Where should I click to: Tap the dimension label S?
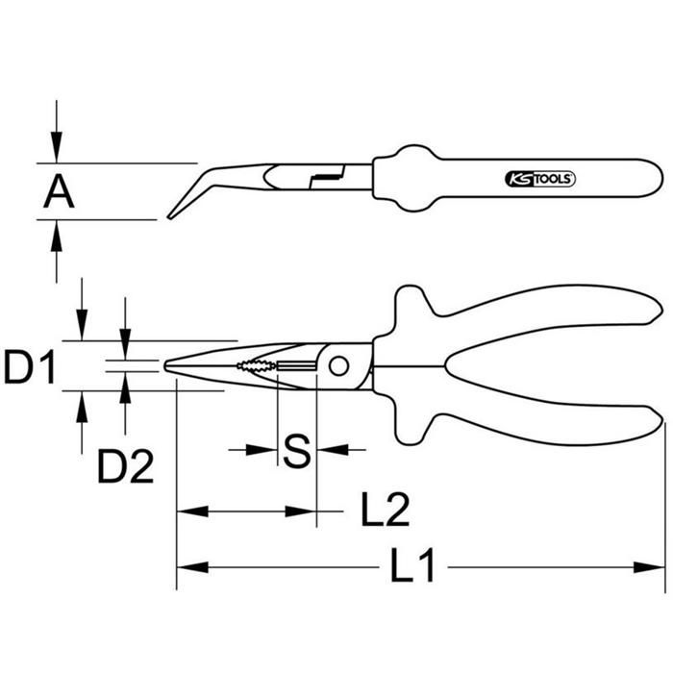pyautogui.click(x=298, y=450)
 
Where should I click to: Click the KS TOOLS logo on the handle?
pyautogui.click(x=539, y=179)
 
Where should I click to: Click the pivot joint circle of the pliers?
pyautogui.click(x=338, y=365)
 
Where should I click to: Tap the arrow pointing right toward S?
pyautogui.click(x=263, y=449)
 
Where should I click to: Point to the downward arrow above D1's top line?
pyautogui.click(x=83, y=327)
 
